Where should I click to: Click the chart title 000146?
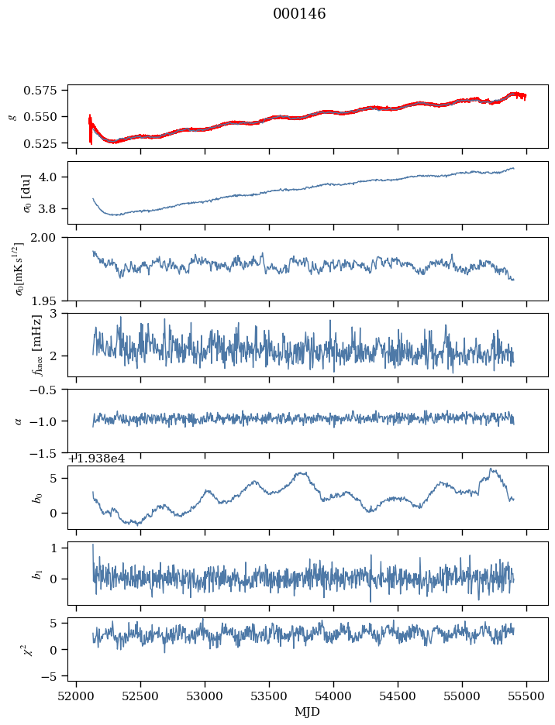[x=299, y=14]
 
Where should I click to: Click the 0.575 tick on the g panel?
[x=45, y=91]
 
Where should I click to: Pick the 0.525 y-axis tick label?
[x=45, y=144]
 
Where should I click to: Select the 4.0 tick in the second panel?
[x=53, y=177]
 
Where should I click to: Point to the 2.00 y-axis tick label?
[x=50, y=238]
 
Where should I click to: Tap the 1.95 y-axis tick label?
[x=50, y=301]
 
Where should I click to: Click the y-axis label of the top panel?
[x=12, y=116]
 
